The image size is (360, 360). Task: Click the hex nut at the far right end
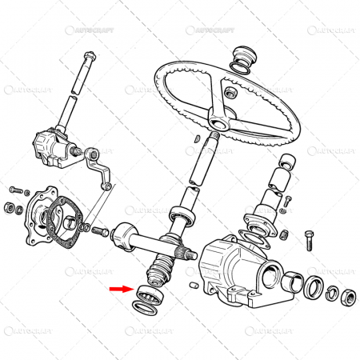point(348,299)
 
